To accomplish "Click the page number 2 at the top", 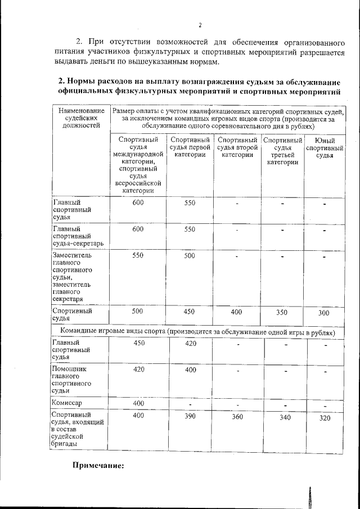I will (199, 25).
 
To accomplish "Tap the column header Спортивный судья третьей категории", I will (282, 151).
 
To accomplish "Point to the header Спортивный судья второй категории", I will (237, 147).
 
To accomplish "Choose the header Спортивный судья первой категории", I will (190, 147).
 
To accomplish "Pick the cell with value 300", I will (324, 313).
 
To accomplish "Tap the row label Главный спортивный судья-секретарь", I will (74, 236).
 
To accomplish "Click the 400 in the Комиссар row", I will (138, 403).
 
